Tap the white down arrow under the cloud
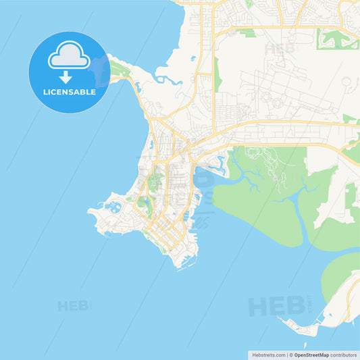click(66, 76)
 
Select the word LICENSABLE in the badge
click(68, 91)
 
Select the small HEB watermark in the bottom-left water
click(74, 306)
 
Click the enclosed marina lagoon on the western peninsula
click(112, 206)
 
